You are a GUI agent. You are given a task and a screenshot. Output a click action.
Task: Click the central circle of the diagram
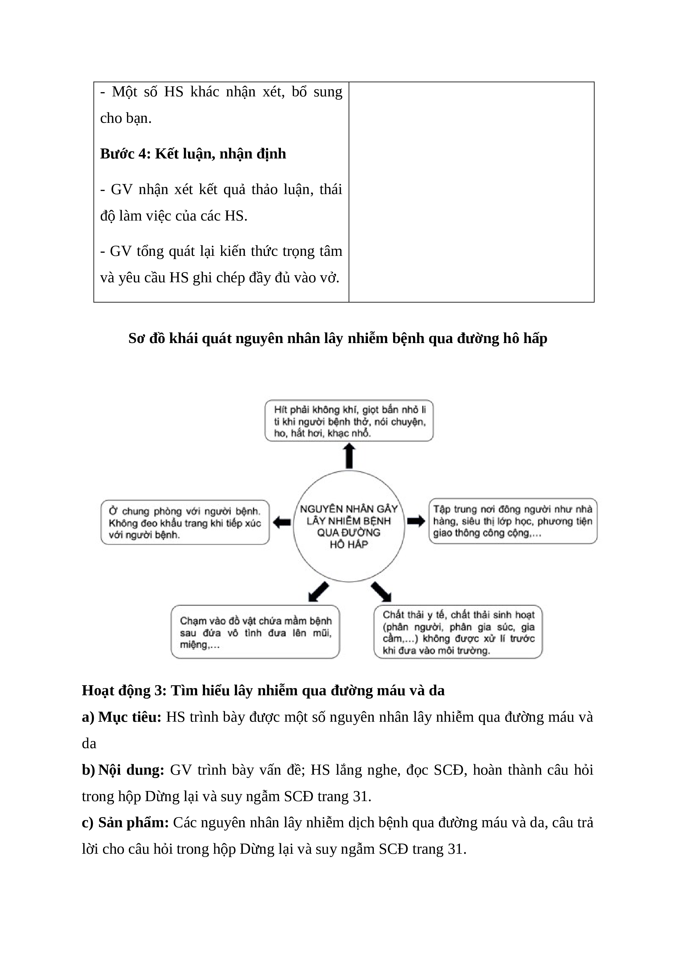(x=349, y=526)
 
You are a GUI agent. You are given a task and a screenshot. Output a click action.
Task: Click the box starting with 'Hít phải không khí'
(x=349, y=421)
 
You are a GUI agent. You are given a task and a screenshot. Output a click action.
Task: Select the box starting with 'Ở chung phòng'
(x=185, y=522)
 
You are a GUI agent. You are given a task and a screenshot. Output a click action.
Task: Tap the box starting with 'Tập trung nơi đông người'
(x=513, y=521)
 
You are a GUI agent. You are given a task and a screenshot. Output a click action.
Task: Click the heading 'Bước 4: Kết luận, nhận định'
(x=193, y=154)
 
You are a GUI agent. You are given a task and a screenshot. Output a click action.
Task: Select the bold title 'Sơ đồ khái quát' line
(x=338, y=338)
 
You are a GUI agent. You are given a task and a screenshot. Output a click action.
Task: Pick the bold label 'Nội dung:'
(x=131, y=770)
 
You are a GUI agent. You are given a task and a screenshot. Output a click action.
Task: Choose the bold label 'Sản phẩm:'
(x=133, y=823)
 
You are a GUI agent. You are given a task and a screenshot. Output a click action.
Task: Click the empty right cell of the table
(x=471, y=192)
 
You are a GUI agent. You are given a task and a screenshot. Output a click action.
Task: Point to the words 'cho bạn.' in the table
(x=126, y=119)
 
